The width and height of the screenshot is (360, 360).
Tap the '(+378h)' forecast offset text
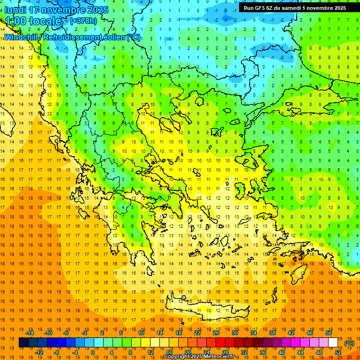click(83, 21)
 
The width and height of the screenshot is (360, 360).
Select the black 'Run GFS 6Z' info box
click(294, 7)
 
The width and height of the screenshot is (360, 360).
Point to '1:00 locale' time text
click(33, 21)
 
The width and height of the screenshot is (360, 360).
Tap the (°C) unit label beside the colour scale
click(349, 343)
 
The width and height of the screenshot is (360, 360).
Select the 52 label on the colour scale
click(338, 352)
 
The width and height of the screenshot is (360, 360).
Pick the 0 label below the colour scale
click(93, 352)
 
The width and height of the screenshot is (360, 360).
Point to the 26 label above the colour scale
click(217, 333)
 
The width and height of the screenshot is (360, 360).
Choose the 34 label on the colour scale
click(254, 333)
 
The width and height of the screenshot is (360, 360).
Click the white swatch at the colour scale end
click(333, 343)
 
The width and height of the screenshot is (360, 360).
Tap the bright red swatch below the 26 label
click(221, 343)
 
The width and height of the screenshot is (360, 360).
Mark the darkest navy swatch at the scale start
click(23, 343)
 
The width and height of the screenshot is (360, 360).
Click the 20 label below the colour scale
click(187, 352)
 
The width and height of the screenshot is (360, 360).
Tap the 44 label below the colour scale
click(300, 352)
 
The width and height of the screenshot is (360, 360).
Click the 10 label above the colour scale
click(141, 333)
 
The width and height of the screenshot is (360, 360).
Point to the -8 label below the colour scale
click(57, 352)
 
